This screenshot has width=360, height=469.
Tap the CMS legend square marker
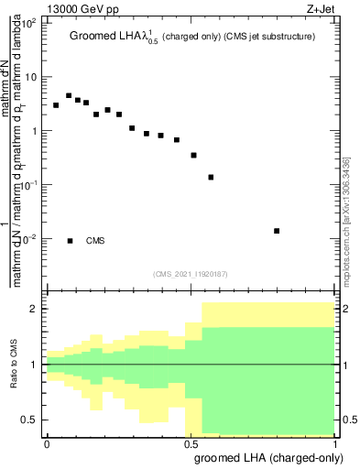70,241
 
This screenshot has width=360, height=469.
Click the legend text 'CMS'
95,241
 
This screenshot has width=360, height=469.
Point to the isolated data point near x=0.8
277,231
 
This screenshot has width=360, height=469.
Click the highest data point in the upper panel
69,95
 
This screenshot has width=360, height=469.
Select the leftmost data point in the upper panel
56,105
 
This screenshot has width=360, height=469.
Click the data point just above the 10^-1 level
211,177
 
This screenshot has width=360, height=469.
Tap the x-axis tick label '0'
47,443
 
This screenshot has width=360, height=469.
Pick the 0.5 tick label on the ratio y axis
29,420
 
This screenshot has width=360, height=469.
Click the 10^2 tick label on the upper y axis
31,23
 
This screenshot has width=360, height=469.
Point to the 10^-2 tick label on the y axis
31,238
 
